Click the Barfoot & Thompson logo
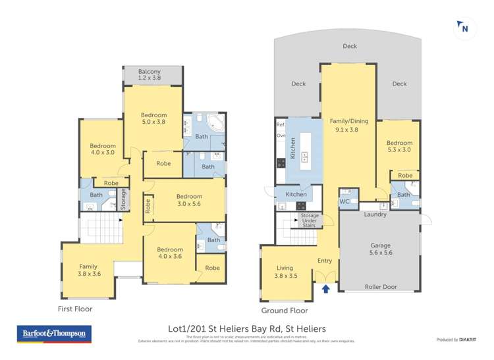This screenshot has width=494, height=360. tap(54, 334)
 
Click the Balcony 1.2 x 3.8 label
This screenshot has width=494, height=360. tap(150, 75)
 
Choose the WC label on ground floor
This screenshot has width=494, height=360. tap(344, 201)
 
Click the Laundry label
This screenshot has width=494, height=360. tap(375, 215)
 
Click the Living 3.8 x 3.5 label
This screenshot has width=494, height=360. tap(285, 272)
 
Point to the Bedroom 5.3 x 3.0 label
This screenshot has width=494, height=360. tap(399, 146)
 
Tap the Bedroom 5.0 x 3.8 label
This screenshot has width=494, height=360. tap(153, 118)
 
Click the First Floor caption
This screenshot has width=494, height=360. tap(74, 309)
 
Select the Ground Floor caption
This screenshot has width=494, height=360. tap(285, 311)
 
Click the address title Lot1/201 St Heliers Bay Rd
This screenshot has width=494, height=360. tap(247, 328)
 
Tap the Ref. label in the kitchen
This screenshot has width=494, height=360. tap(280, 124)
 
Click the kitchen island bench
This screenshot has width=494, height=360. tap(305, 149)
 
